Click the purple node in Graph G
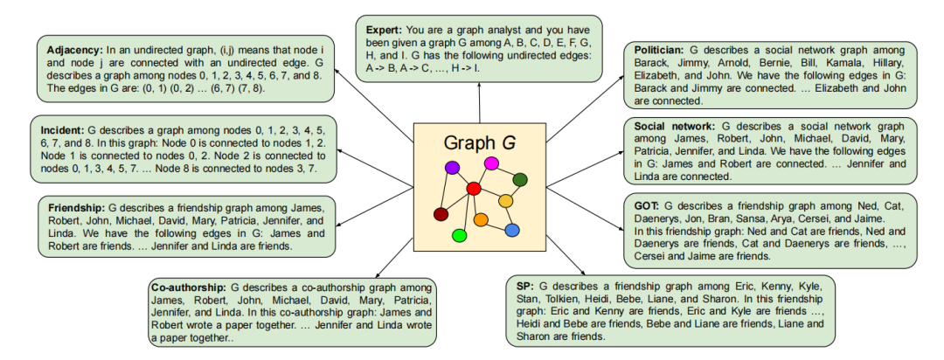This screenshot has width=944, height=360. point(452,167)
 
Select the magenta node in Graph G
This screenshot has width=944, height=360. point(491,163)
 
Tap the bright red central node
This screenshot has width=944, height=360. point(474,188)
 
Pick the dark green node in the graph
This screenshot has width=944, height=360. point(520,180)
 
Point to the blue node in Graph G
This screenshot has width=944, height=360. point(512,230)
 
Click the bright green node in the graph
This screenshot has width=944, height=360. point(459,235)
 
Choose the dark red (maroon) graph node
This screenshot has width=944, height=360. point(441,214)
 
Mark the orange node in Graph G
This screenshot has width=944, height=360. point(481,219)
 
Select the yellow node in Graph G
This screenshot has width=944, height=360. point(505,202)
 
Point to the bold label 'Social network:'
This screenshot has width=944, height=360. point(675,126)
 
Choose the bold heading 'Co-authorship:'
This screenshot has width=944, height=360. point(189,287)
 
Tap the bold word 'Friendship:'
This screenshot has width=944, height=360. point(74,208)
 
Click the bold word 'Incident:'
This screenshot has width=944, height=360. point(66,125)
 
